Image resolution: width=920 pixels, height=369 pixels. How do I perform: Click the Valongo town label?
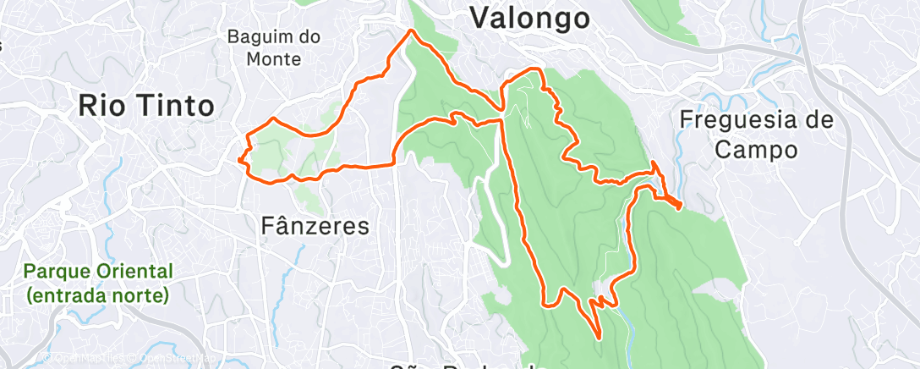coord(528,17)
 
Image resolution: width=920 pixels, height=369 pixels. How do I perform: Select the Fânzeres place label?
coord(315,226)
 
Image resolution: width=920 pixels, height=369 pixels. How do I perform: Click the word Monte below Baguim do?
coord(271,59)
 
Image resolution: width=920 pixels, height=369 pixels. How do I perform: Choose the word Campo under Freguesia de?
coord(756,150)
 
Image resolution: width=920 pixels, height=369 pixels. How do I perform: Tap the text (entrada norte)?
coord(98,295)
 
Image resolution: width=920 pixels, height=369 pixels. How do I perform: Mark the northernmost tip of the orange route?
coord(412,30)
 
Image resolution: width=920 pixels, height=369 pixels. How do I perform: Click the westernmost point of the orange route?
coord(238,158)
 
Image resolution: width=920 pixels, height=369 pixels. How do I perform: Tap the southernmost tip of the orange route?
coord(600,338)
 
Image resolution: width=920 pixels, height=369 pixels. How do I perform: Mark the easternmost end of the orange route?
coord(681,206)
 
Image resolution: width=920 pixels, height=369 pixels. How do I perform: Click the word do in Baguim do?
coord(309,37)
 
